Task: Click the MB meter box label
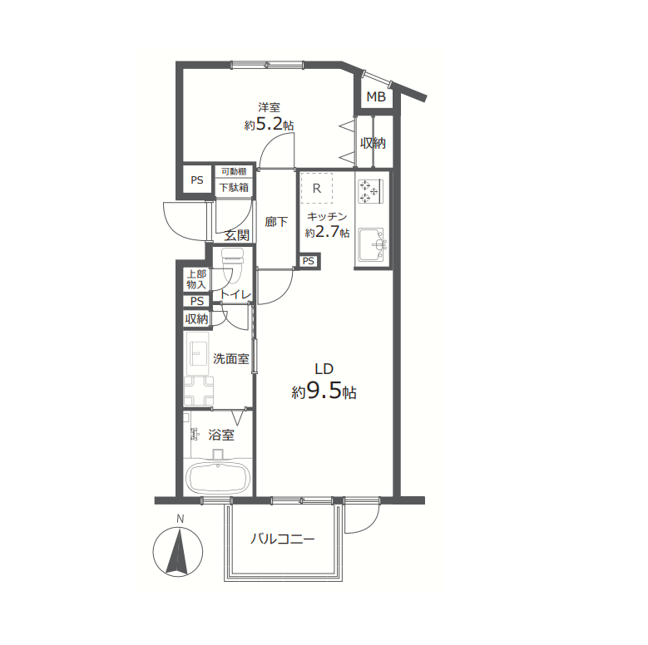(376, 96)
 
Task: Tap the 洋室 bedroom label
(269, 107)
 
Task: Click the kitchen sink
(373, 244)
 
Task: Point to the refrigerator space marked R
(317, 189)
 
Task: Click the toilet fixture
(233, 266)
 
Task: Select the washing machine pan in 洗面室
(199, 390)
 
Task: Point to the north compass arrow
(178, 552)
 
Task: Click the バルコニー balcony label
(283, 539)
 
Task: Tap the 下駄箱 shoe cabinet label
(234, 188)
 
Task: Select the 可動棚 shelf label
(234, 171)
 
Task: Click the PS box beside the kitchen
(309, 261)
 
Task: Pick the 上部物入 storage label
(196, 279)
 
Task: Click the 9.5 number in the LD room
(324, 390)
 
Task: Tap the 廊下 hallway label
(276, 222)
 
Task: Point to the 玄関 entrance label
(237, 235)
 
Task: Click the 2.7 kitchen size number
(327, 232)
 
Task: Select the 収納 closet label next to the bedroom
(373, 143)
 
